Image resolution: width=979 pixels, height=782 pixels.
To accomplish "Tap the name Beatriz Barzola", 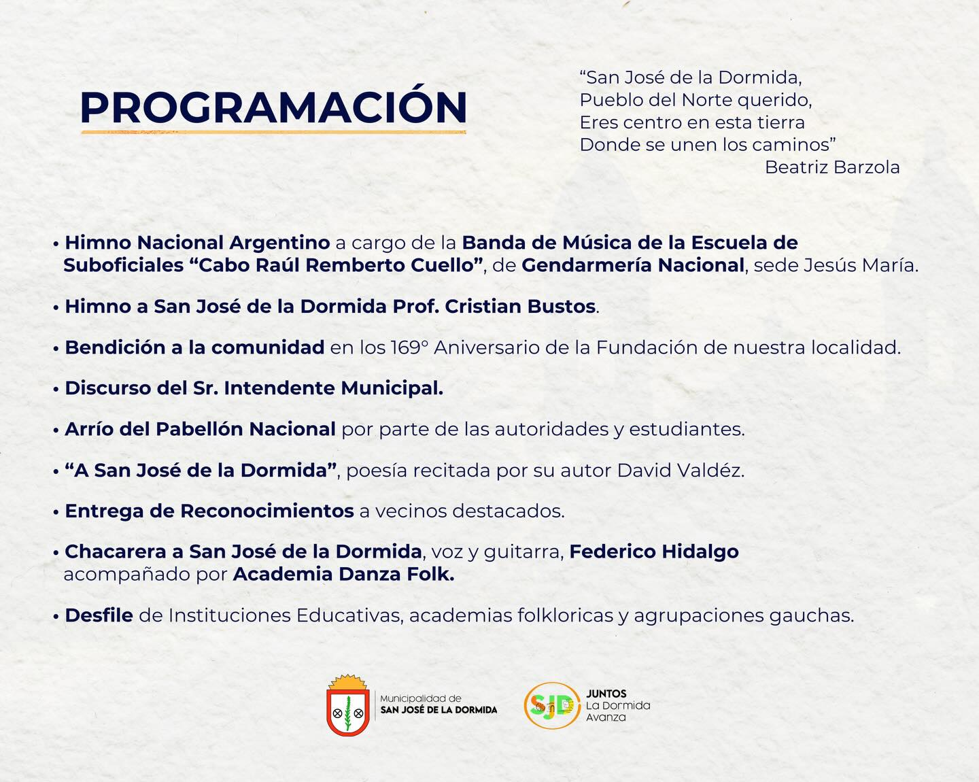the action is click(x=832, y=167).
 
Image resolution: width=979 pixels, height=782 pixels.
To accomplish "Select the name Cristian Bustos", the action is click(x=520, y=306).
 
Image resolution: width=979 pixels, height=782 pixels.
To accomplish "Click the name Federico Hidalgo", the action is click(x=654, y=551).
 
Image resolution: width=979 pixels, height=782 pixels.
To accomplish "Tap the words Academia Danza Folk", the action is click(x=343, y=574).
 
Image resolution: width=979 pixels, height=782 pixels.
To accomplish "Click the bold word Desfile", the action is click(x=99, y=615).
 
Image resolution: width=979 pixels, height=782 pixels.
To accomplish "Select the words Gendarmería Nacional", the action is click(x=633, y=265).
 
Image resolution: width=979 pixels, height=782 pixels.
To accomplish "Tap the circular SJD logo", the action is click(x=552, y=705).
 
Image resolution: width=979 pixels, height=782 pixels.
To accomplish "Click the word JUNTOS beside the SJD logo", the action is click(x=606, y=694).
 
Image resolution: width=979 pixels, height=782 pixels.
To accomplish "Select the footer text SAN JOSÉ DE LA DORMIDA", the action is click(x=439, y=710).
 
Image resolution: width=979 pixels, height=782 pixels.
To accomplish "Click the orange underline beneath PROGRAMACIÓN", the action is click(x=273, y=133).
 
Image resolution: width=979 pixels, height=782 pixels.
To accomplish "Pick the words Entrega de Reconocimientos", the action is click(x=209, y=511).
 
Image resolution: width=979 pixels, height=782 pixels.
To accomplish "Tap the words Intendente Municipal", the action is click(x=333, y=388).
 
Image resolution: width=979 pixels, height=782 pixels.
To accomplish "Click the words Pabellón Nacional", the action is click(x=245, y=429).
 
